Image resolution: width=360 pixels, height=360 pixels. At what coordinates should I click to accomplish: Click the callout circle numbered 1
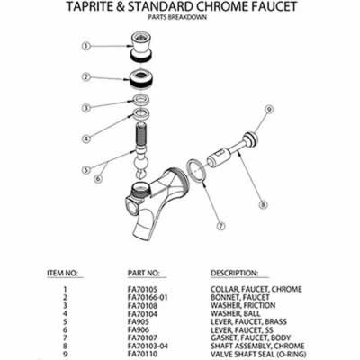[88, 45]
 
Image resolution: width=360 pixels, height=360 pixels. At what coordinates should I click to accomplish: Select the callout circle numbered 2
[88, 77]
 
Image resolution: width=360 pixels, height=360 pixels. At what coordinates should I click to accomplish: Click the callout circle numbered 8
[264, 203]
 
